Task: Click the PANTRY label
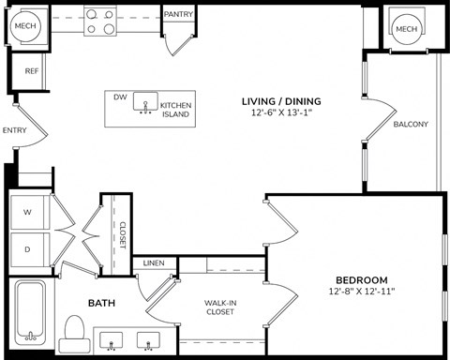(178, 15)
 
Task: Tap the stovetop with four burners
(100, 21)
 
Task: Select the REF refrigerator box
(31, 70)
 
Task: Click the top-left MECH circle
(25, 26)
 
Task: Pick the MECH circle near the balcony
(406, 29)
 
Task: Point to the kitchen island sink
(145, 101)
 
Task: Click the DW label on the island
(120, 97)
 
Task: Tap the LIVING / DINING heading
(281, 101)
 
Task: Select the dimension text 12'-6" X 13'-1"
(281, 114)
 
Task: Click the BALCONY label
(411, 125)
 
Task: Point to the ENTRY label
(15, 130)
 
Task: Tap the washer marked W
(28, 213)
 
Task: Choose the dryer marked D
(28, 249)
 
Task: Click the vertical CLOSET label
(122, 234)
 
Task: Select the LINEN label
(155, 263)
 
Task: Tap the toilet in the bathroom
(74, 331)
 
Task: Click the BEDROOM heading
(362, 280)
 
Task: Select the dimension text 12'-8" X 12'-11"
(362, 292)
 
